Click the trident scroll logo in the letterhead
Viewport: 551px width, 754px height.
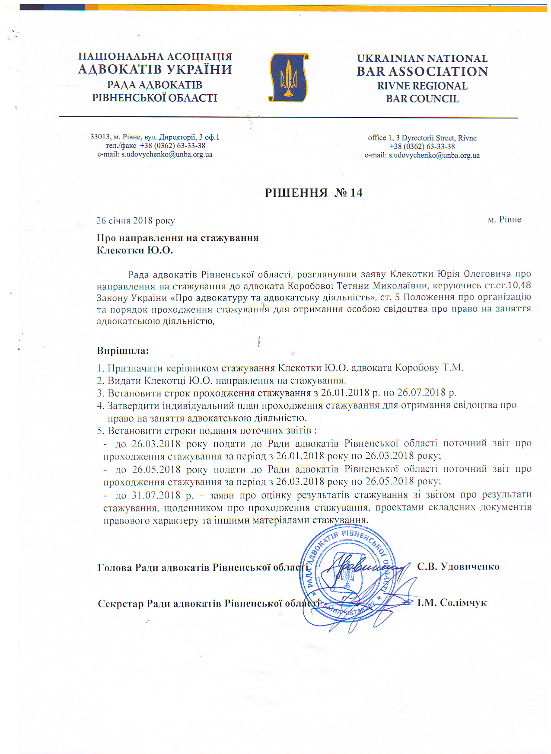click(x=289, y=78)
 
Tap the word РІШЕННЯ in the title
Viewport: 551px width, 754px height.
click(x=296, y=193)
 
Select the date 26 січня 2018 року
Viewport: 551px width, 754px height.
click(x=135, y=220)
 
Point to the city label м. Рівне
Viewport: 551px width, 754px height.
click(x=504, y=220)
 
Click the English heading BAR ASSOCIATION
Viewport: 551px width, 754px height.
click(x=422, y=72)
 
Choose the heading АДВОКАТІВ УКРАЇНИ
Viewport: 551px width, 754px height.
click(x=155, y=70)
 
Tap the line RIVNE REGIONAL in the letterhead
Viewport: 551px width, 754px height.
click(x=422, y=86)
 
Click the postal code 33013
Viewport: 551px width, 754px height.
click(x=100, y=137)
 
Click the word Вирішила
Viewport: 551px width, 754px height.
click(x=123, y=351)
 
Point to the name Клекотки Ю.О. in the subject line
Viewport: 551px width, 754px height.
click(x=135, y=250)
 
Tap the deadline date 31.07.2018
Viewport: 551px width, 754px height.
click(x=156, y=495)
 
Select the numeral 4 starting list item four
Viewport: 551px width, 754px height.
click(x=100, y=406)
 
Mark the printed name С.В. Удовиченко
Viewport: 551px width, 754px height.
click(x=458, y=566)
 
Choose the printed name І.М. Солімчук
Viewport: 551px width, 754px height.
click(x=452, y=603)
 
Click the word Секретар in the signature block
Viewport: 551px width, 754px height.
click(x=121, y=604)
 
